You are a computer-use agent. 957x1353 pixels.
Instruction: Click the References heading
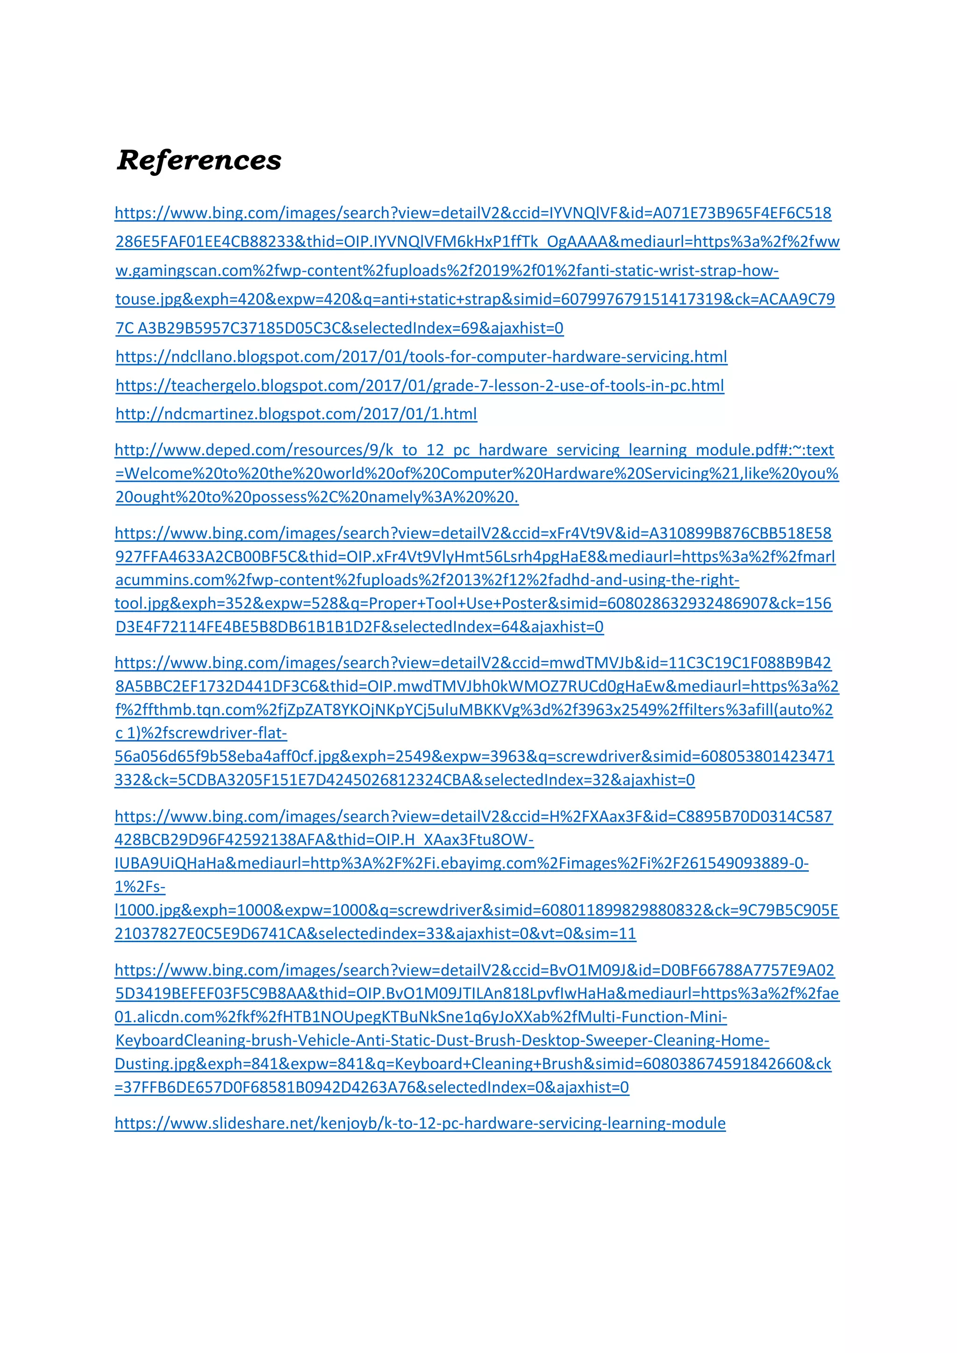click(199, 160)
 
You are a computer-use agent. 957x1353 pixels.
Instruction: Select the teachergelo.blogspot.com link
click(420, 386)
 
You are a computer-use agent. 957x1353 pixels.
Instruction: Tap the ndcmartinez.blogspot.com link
click(296, 414)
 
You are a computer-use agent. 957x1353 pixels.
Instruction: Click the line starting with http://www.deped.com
click(474, 450)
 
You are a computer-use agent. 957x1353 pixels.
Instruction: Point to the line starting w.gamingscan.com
click(447, 271)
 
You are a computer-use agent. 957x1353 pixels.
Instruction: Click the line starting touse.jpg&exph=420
click(474, 300)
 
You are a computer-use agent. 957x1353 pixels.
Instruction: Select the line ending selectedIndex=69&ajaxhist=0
click(339, 328)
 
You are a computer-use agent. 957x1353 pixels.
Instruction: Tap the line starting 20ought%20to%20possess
click(316, 497)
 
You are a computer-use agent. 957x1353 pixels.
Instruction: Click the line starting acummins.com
click(427, 580)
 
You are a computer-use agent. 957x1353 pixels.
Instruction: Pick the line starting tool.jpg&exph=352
click(472, 603)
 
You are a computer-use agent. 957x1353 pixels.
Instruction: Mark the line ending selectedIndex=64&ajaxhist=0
click(359, 627)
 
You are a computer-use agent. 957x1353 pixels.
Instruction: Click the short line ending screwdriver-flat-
click(201, 733)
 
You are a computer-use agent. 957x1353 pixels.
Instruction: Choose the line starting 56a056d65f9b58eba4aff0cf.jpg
click(474, 757)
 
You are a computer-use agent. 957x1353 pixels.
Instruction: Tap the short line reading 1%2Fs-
click(140, 887)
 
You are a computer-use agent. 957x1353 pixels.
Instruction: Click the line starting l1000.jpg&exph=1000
click(476, 910)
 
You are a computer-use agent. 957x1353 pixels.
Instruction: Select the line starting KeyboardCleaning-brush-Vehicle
click(442, 1041)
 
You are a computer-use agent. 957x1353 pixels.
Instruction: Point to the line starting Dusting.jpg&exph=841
click(472, 1064)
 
